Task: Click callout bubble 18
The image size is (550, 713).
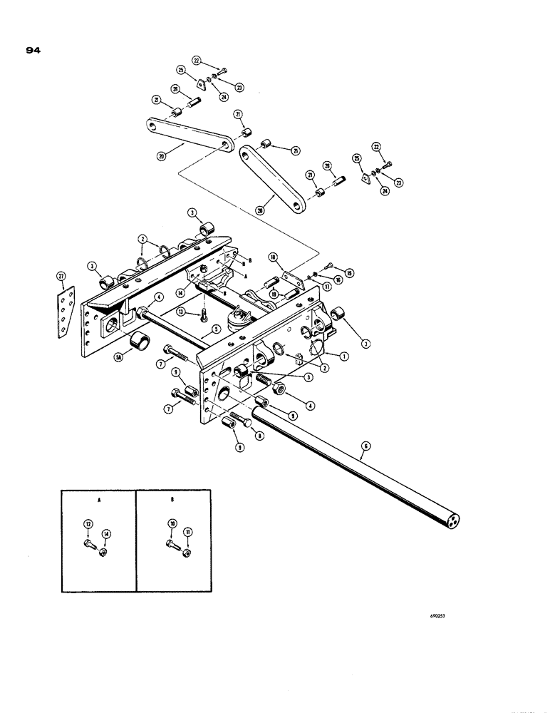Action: (273, 257)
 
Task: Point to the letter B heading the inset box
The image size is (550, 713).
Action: (172, 500)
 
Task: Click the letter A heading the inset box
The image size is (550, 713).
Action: (98, 500)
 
